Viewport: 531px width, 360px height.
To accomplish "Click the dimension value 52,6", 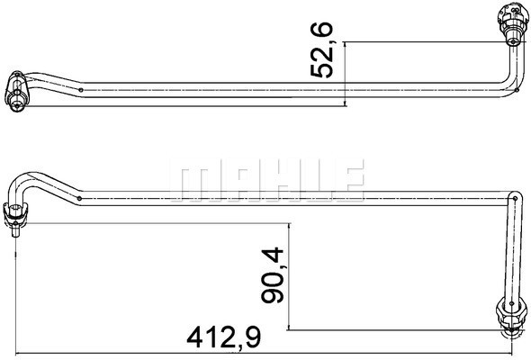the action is tap(321, 49).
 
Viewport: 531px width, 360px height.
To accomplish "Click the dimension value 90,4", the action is tap(273, 274).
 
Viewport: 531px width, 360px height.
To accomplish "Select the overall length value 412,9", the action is tap(224, 337).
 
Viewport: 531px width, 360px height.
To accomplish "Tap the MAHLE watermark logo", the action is tap(267, 179).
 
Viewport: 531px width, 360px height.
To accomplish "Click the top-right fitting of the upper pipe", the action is tap(513, 24).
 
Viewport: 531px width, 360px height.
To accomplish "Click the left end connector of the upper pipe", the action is tap(17, 91).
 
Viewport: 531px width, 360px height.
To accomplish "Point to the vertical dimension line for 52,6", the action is tap(345, 74).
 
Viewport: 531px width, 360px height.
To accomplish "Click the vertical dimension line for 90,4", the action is tap(289, 276).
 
